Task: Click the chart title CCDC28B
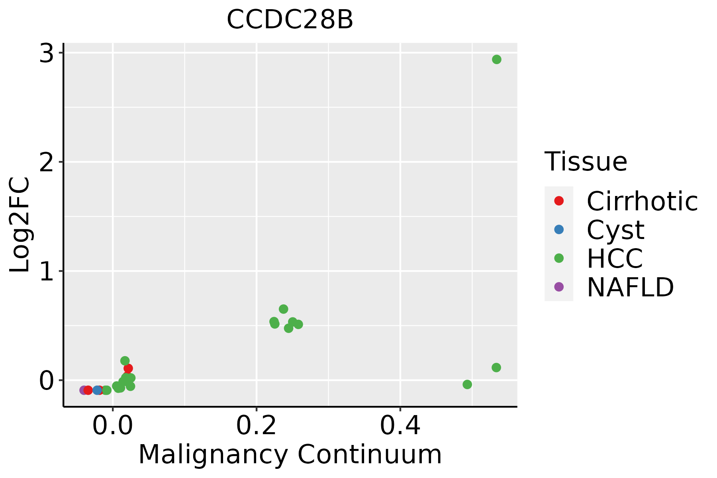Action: [290, 20]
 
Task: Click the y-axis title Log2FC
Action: [20, 225]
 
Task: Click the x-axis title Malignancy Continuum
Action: [290, 454]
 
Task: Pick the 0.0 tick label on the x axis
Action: [113, 426]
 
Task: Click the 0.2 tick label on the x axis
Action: [257, 426]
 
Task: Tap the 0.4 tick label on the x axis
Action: [400, 426]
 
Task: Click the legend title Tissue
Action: [586, 162]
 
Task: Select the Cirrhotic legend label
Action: [642, 201]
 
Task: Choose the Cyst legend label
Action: [615, 230]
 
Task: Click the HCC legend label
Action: [615, 259]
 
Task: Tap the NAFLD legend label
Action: [630, 287]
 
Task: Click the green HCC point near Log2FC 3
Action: [496, 59]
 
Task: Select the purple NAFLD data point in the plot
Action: [84, 390]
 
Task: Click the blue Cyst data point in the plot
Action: [97, 390]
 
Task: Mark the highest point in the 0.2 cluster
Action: [283, 309]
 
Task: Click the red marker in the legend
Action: [559, 201]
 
